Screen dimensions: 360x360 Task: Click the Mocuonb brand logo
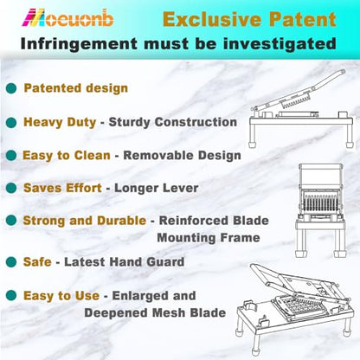pyautogui.click(x=67, y=18)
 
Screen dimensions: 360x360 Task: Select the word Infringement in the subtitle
pyautogui.click(x=79, y=44)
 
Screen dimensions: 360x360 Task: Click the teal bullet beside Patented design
pyautogui.click(x=11, y=88)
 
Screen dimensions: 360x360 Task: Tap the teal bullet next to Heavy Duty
pyautogui.click(x=11, y=122)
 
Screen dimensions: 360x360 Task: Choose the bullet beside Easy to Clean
pyautogui.click(x=11, y=156)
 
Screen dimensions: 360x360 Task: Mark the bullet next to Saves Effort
pyautogui.click(x=11, y=188)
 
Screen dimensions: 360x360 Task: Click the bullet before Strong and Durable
pyautogui.click(x=11, y=221)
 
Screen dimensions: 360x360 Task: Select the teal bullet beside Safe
pyautogui.click(x=11, y=262)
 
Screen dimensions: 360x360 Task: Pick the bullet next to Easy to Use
pyautogui.click(x=11, y=295)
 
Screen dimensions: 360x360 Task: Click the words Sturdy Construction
pyautogui.click(x=173, y=122)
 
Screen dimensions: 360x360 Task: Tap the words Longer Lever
pyautogui.click(x=157, y=188)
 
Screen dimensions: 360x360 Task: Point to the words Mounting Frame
pyautogui.click(x=209, y=238)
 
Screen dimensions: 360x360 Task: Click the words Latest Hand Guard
pyautogui.click(x=124, y=262)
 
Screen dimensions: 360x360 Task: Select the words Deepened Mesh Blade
pyautogui.click(x=155, y=313)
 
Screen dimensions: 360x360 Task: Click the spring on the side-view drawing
pyautogui.click(x=297, y=102)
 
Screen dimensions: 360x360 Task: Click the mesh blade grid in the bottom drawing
pyautogui.click(x=299, y=307)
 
